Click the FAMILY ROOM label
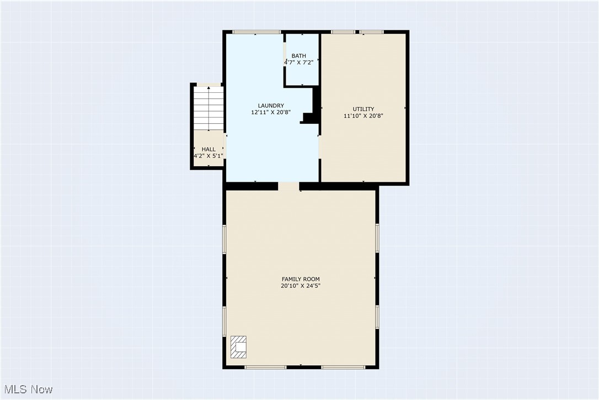(x=301, y=279)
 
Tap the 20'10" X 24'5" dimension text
(x=301, y=286)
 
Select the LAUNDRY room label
(x=271, y=106)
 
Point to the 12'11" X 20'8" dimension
(x=271, y=113)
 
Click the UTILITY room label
(x=363, y=109)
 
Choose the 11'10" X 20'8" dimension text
(x=363, y=116)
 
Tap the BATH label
(x=299, y=56)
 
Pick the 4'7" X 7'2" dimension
(x=299, y=63)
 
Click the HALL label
(x=208, y=149)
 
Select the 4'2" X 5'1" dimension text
(x=208, y=156)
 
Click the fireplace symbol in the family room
(x=239, y=347)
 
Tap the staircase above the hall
(x=208, y=108)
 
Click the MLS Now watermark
(x=27, y=390)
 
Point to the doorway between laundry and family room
(x=288, y=186)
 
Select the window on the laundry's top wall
(x=255, y=32)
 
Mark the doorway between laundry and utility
(x=319, y=147)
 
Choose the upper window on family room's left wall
(x=224, y=239)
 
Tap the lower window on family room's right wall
(x=377, y=318)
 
